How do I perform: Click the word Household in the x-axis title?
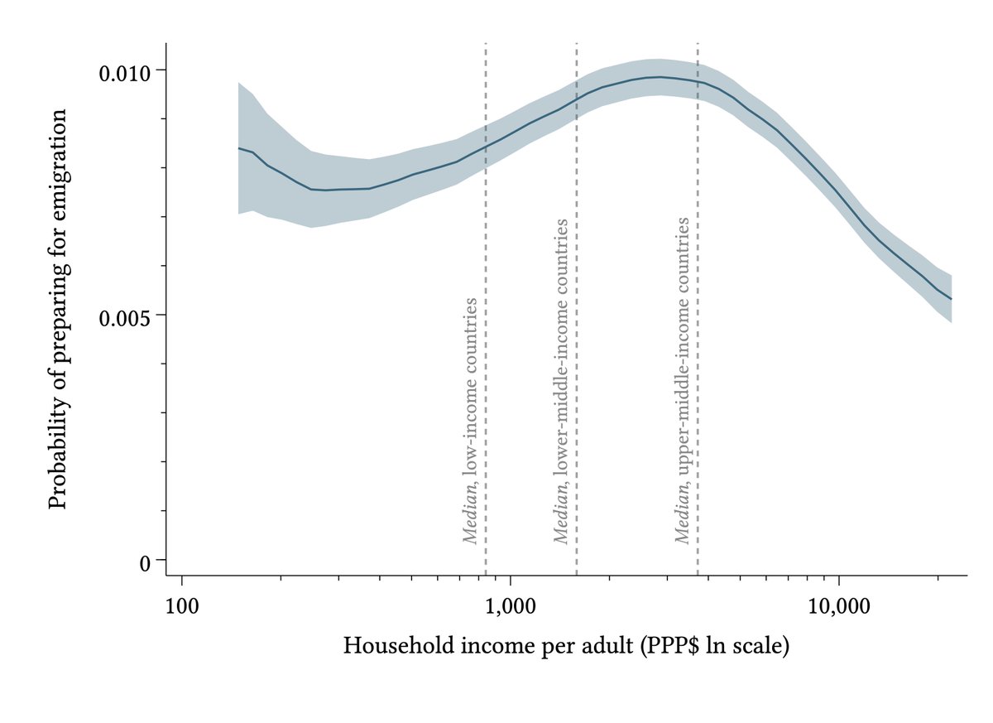(x=388, y=645)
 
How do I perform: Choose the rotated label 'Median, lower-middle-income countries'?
(x=561, y=381)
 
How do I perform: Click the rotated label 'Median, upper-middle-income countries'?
(x=683, y=380)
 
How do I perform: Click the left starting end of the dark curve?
(x=239, y=148)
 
